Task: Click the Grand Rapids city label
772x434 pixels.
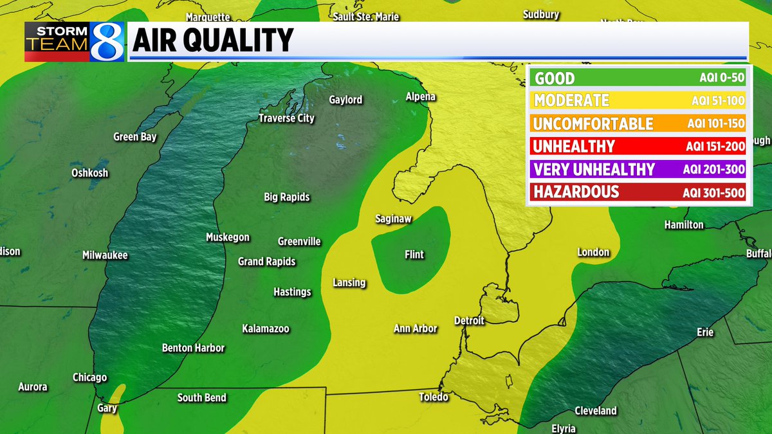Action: [266, 262]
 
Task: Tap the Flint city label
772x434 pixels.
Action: [414, 255]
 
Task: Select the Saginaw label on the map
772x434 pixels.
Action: [393, 219]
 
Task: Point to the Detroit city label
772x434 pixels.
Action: [469, 320]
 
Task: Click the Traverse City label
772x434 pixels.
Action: [286, 118]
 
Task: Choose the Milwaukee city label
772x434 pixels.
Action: [105, 255]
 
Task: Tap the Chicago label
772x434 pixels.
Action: [89, 377]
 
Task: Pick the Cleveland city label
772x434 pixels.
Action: [596, 411]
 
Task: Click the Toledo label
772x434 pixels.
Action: [433, 397]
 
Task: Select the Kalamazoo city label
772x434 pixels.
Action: [266, 329]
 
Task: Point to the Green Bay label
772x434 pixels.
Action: [135, 137]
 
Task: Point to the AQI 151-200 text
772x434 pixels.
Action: [713, 147]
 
